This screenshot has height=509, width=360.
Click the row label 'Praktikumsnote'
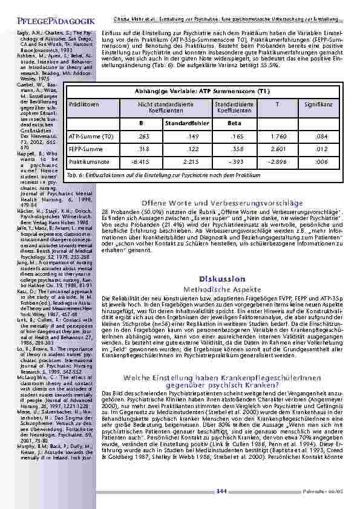tap(84, 162)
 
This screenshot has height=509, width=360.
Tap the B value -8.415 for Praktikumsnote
tap(140, 162)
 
